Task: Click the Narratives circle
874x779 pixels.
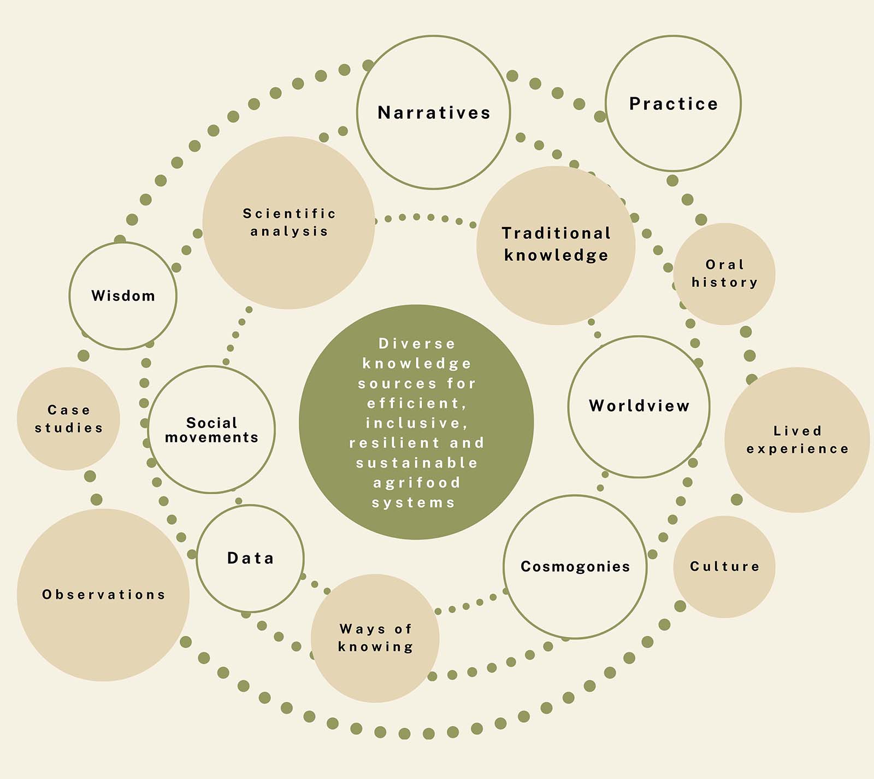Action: pos(434,113)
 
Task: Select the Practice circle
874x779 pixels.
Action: pos(673,104)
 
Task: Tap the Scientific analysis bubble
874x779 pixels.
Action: pos(288,222)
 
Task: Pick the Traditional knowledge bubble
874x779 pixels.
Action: pos(556,244)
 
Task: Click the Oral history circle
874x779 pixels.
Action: pos(724,273)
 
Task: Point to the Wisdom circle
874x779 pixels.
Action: pos(123,296)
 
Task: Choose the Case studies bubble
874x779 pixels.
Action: pos(68,419)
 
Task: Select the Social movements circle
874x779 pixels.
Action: pos(211,430)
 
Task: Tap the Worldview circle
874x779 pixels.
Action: pos(639,406)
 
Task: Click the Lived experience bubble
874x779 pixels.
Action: pos(797,440)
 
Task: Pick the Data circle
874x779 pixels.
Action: pos(250,558)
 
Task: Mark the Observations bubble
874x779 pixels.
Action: pos(103,595)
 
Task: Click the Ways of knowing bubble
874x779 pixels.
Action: pos(375,638)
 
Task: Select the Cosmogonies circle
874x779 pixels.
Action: pos(575,566)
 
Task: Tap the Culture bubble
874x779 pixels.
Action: pos(724,566)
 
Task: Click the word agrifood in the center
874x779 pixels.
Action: pos(417,483)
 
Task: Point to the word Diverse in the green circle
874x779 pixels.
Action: pos(417,344)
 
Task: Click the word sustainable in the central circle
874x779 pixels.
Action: pos(417,463)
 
